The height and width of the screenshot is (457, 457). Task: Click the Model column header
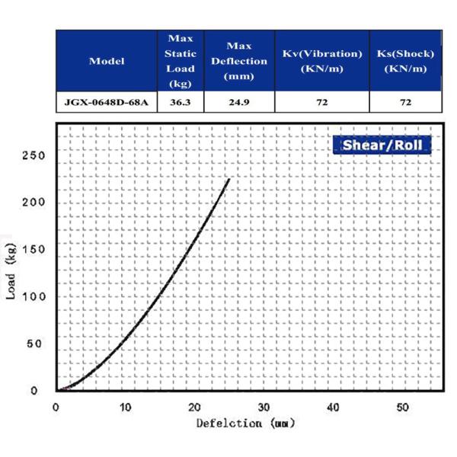pyautogui.click(x=107, y=61)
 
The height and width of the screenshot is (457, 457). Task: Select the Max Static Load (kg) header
pyautogui.click(x=181, y=61)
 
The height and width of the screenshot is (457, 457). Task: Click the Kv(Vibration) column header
pyautogui.click(x=321, y=61)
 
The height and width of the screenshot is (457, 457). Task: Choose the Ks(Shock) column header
pyautogui.click(x=405, y=61)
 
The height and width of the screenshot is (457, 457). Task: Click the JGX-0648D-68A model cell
pyautogui.click(x=107, y=102)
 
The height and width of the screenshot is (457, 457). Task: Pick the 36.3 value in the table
pyautogui.click(x=181, y=102)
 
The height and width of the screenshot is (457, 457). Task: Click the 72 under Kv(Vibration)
pyautogui.click(x=321, y=102)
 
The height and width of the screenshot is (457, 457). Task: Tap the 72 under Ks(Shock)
pyautogui.click(x=405, y=102)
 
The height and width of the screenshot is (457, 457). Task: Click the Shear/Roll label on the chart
pyautogui.click(x=382, y=145)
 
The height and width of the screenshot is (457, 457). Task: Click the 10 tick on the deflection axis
pyautogui.click(x=125, y=406)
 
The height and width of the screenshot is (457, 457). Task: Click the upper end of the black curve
pyautogui.click(x=228, y=180)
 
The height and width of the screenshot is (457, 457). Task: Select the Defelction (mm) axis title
pyautogui.click(x=245, y=423)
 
